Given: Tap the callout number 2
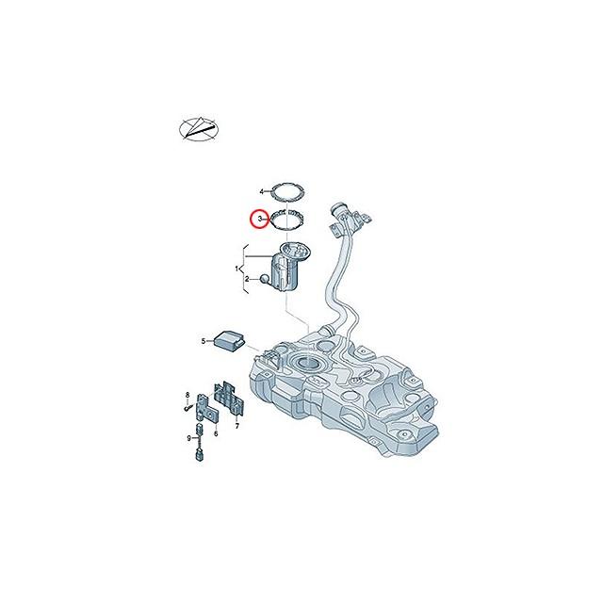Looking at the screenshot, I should (248, 280).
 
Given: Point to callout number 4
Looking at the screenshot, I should (261, 191).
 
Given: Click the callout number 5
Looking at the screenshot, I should (203, 340).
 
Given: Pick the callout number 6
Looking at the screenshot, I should (216, 433).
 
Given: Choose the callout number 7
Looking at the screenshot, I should (236, 426).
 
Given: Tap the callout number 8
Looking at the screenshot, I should (187, 393).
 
